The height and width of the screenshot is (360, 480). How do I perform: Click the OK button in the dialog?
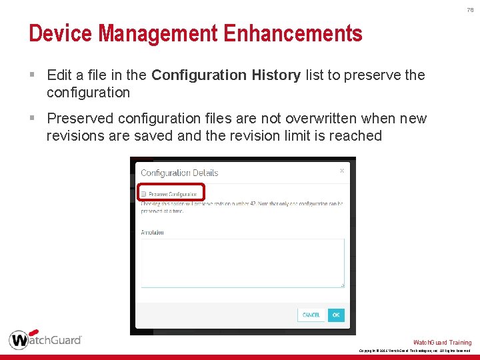[336, 315]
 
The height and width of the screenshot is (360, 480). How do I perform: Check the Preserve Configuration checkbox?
[143, 194]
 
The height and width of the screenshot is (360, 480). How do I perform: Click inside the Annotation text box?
[242, 263]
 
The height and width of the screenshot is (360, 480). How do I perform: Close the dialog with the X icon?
[342, 171]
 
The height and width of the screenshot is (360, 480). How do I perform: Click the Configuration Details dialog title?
[179, 173]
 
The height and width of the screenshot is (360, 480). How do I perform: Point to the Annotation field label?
[152, 232]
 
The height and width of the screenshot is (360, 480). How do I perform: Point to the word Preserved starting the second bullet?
[80, 119]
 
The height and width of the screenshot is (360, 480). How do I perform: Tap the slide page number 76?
[470, 10]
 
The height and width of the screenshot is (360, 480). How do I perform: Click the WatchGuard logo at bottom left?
[45, 339]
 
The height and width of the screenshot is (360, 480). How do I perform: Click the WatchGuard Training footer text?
[442, 343]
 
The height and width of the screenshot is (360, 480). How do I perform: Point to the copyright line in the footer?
[414, 351]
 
